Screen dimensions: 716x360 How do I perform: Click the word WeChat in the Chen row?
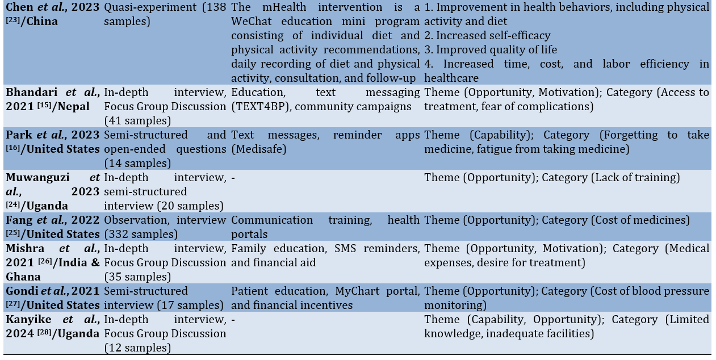(251, 21)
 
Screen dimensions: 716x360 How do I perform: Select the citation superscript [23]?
(13, 20)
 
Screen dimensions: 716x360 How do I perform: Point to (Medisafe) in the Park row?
(258, 149)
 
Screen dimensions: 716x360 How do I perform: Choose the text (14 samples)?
(137, 163)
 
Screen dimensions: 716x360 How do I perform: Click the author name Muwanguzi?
(37, 177)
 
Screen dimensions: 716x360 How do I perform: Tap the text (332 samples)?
(141, 234)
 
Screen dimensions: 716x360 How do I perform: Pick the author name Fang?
(19, 220)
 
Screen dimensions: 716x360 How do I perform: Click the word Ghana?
(23, 277)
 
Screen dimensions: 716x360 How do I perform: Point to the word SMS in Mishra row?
(345, 248)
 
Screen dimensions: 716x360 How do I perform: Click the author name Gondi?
(22, 291)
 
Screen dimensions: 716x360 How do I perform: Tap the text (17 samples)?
(190, 305)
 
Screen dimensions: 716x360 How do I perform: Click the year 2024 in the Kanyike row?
(20, 333)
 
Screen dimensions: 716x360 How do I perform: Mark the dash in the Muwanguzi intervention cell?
(233, 178)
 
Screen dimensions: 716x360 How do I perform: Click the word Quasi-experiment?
(150, 7)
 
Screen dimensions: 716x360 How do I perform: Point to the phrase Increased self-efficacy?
(493, 35)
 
